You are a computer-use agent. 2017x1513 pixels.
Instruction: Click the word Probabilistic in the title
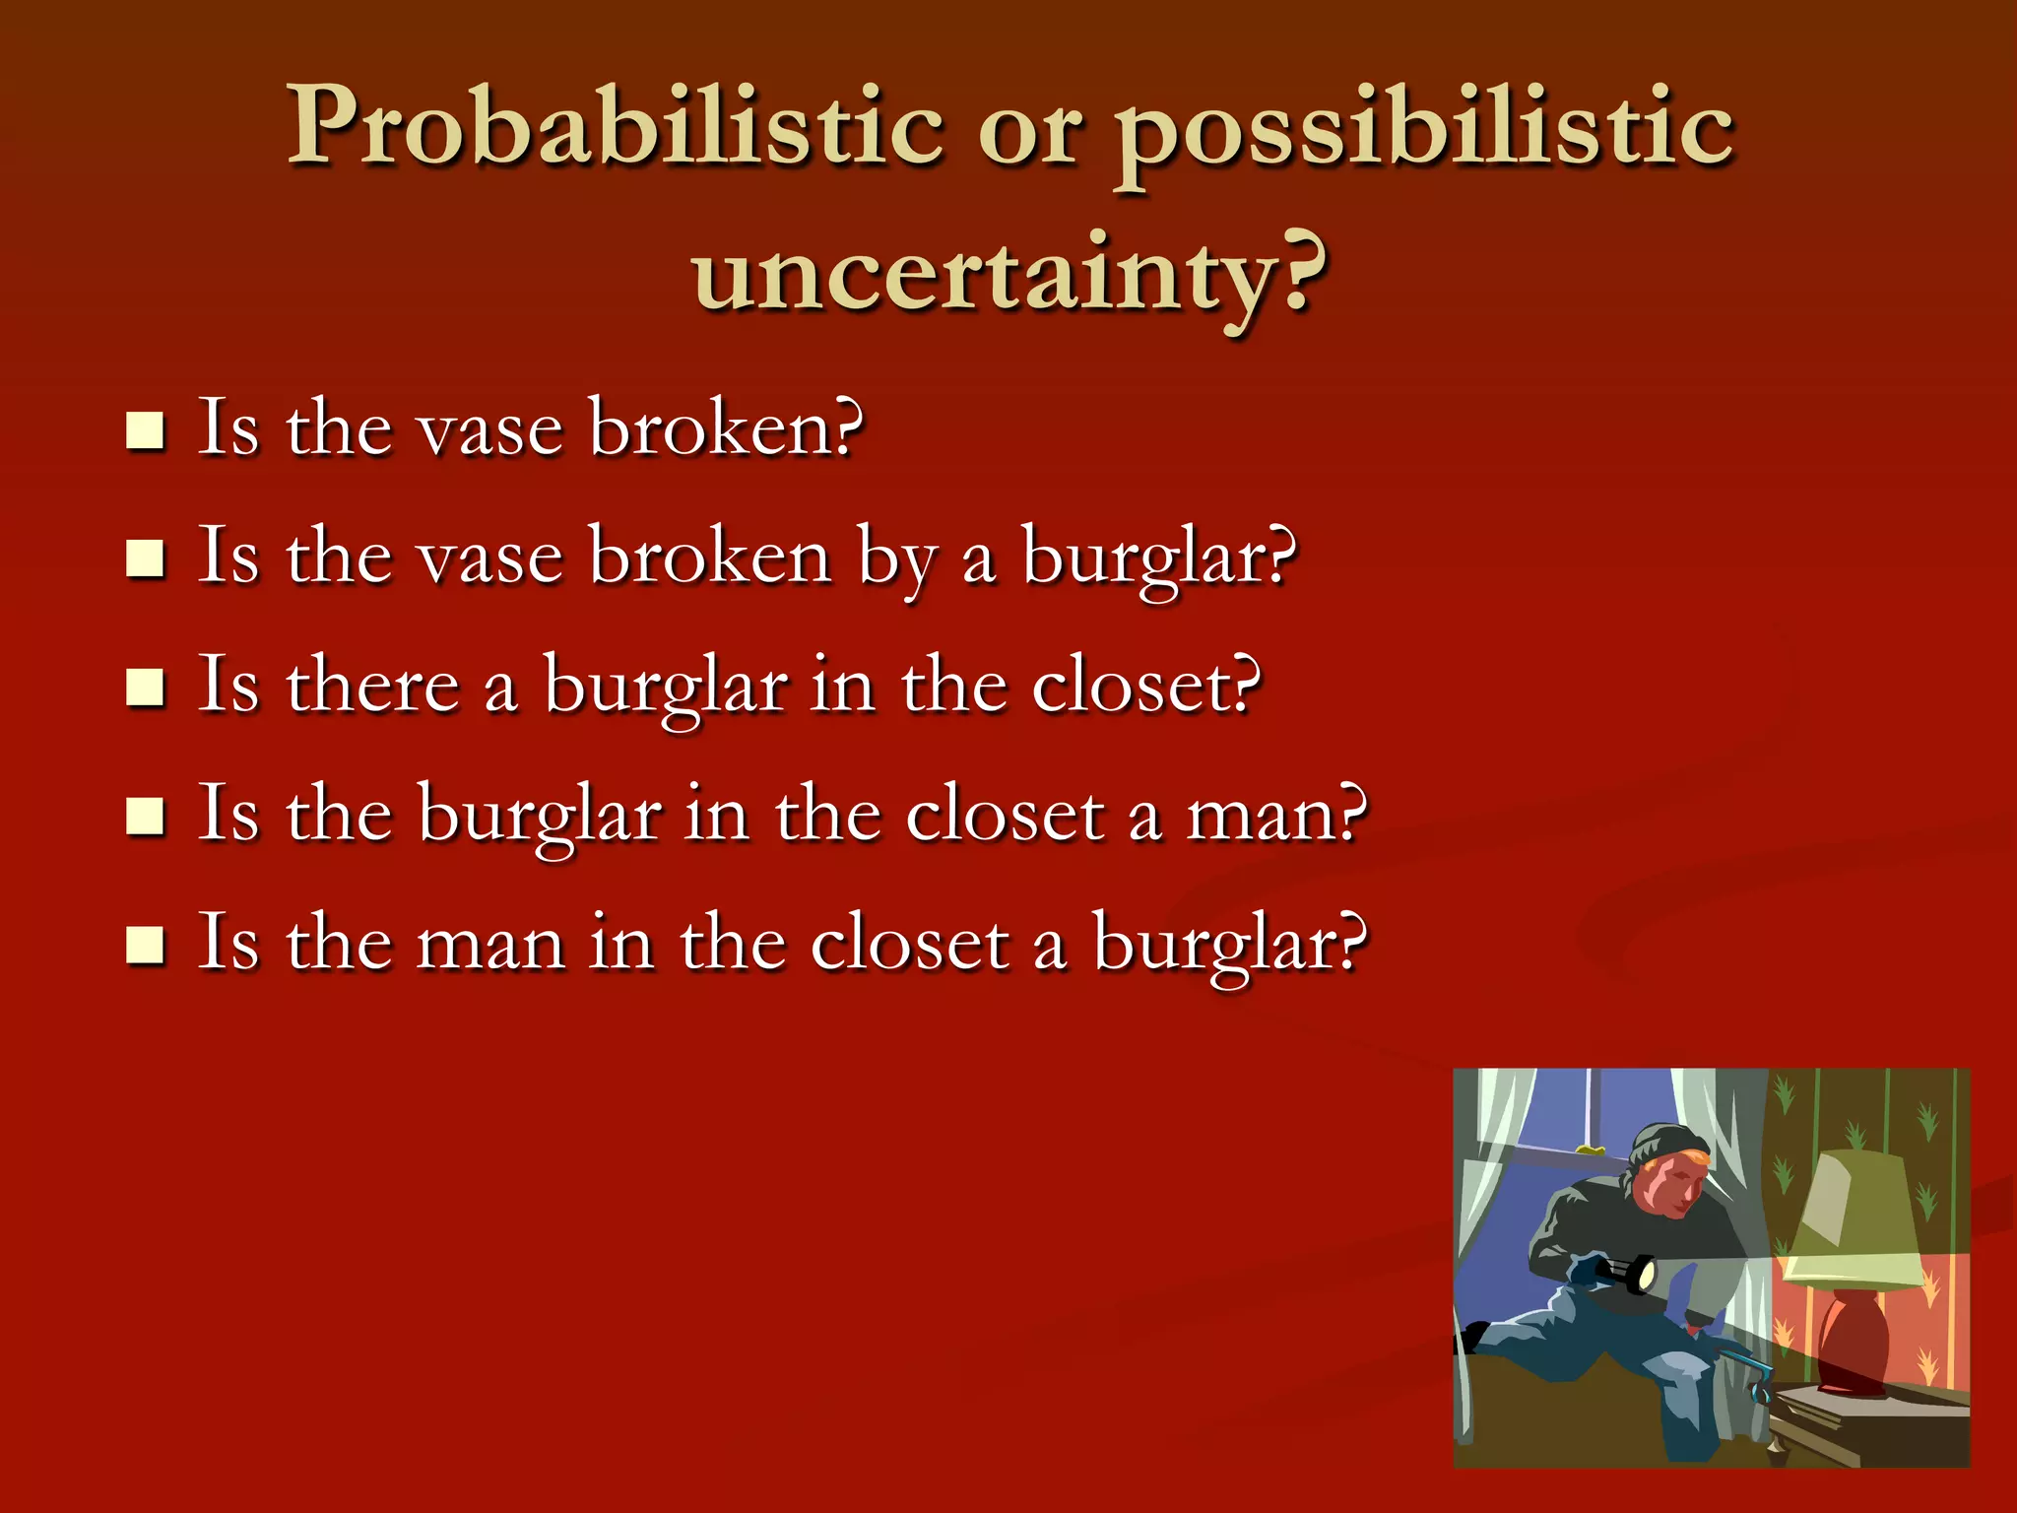coord(616,128)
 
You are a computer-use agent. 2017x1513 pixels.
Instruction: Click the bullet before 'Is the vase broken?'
coord(146,430)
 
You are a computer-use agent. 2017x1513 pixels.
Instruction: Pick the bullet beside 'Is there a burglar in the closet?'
coord(146,688)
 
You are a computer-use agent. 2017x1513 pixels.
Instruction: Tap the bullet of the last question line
coord(146,945)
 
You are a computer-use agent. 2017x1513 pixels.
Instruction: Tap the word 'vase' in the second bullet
coord(490,559)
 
